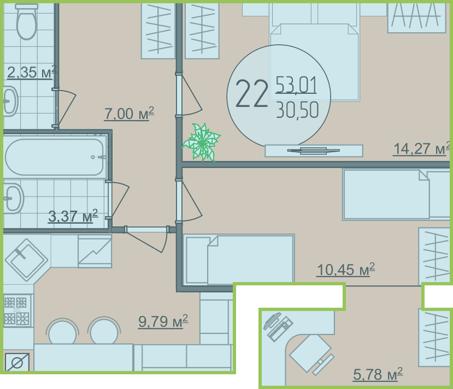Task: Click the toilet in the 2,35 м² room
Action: click(27, 22)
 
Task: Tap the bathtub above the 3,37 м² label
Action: click(55, 157)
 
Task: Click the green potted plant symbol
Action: click(202, 142)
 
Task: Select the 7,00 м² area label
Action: click(129, 113)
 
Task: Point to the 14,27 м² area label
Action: click(421, 148)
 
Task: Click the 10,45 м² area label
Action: click(345, 270)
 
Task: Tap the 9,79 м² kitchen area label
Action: click(163, 321)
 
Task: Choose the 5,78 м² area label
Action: click(378, 374)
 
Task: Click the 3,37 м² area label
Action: click(73, 216)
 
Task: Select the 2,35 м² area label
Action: click(31, 72)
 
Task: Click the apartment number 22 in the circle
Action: click(251, 94)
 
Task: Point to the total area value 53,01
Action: click(296, 85)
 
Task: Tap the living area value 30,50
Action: click(297, 110)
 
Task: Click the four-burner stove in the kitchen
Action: click(17, 310)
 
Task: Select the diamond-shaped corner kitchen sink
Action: click(26, 260)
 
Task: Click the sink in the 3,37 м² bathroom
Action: click(13, 199)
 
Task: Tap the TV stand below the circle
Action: click(314, 151)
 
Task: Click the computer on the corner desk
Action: click(278, 326)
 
